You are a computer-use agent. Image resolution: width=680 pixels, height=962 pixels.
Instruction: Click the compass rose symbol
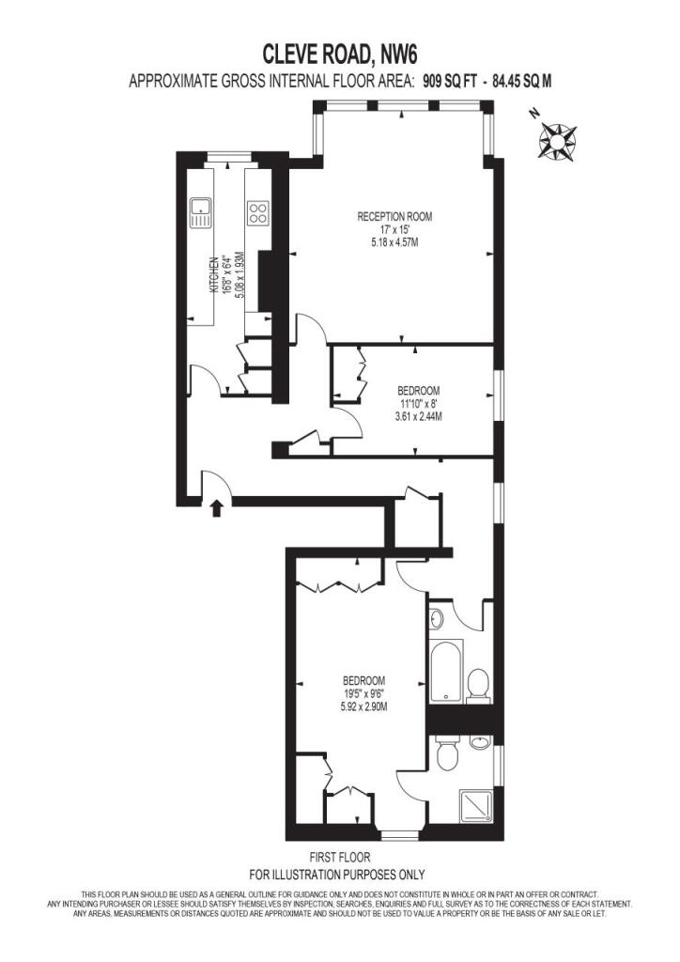pyautogui.click(x=557, y=142)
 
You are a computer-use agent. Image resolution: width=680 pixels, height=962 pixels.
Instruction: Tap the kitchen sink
pyautogui.click(x=200, y=212)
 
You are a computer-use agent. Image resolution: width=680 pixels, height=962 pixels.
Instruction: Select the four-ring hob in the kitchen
pyautogui.click(x=257, y=212)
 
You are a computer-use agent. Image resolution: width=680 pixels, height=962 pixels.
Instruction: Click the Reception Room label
pyautogui.click(x=394, y=217)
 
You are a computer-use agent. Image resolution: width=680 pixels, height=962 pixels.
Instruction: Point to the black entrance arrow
pyautogui.click(x=216, y=508)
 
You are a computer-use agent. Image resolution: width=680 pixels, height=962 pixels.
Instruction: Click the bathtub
pyautogui.click(x=446, y=671)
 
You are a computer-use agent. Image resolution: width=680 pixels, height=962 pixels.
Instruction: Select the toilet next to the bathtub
pyautogui.click(x=478, y=685)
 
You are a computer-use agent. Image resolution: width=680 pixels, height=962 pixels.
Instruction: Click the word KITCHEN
pyautogui.click(x=214, y=274)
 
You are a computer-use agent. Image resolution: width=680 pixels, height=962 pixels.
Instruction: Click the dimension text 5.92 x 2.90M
pyautogui.click(x=363, y=706)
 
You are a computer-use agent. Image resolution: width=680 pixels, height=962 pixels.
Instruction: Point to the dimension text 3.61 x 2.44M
pyautogui.click(x=419, y=416)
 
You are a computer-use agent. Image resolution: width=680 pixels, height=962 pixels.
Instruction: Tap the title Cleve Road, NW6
pyautogui.click(x=340, y=54)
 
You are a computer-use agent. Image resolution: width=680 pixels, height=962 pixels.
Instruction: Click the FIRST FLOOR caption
pyautogui.click(x=340, y=857)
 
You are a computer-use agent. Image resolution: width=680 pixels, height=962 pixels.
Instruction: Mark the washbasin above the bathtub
pyautogui.click(x=436, y=618)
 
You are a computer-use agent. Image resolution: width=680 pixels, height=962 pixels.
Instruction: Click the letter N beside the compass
pyautogui.click(x=535, y=113)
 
